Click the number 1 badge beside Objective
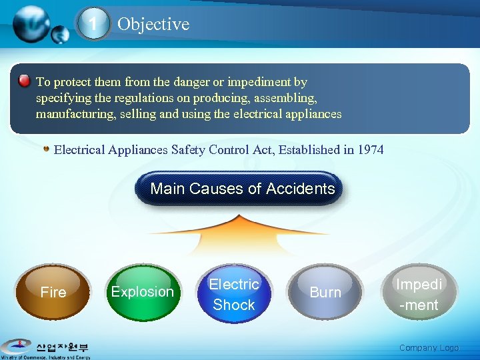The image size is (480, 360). tap(94, 25)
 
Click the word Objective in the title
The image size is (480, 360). tap(153, 24)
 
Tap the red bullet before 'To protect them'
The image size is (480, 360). tap(24, 81)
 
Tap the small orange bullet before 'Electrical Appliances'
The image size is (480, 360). tap(46, 148)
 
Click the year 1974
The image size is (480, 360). tap(371, 149)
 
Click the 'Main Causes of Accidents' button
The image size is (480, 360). tap(242, 189)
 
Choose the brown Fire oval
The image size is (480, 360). tap(53, 292)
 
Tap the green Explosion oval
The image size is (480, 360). tap(142, 292)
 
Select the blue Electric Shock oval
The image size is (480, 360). tap(234, 294)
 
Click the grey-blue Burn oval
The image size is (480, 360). tap(325, 292)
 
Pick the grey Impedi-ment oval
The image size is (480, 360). tap(417, 294)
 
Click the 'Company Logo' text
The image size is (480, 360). tap(429, 347)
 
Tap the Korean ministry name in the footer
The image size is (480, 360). tap(63, 347)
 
